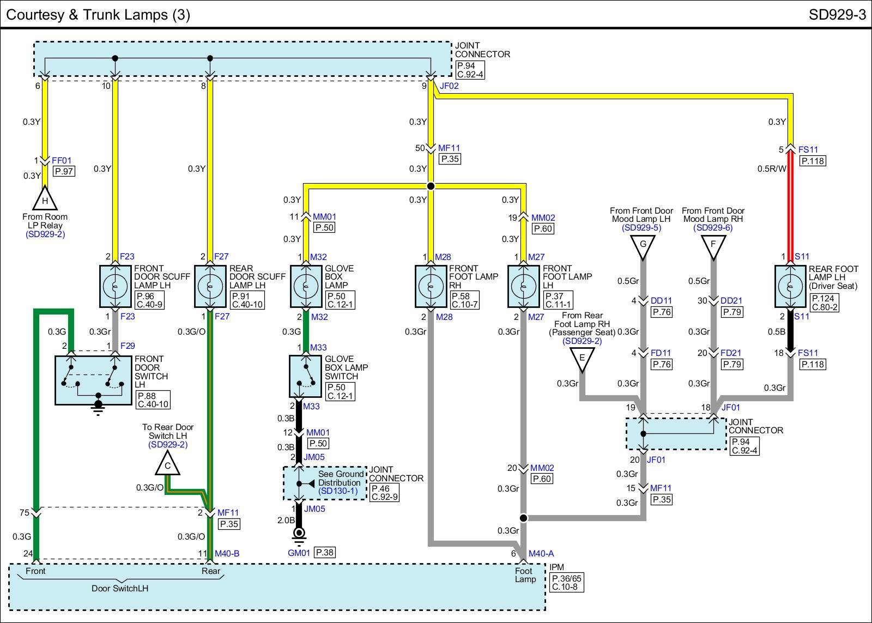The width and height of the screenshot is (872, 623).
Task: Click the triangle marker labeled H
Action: click(45, 198)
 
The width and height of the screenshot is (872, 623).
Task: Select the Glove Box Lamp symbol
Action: click(306, 287)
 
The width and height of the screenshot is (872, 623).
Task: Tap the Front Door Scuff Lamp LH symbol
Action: click(115, 287)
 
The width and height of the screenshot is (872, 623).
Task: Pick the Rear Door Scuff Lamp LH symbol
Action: click(210, 287)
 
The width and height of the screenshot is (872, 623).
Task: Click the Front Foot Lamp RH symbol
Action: click(431, 287)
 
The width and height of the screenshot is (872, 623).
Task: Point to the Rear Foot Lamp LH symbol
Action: click(790, 287)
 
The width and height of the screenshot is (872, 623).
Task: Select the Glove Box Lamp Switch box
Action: click(306, 376)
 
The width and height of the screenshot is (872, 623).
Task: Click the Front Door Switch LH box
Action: click(93, 380)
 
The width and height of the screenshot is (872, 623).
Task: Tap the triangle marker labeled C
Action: click(167, 463)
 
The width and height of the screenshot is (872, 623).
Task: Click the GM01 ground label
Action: click(299, 553)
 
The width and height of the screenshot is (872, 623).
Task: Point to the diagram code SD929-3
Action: click(837, 15)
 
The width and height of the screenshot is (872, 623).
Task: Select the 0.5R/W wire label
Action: click(772, 168)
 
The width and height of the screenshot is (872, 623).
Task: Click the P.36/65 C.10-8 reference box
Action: click(567, 583)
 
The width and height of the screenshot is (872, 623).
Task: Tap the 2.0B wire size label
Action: click(286, 520)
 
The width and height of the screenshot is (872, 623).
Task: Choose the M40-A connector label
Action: click(541, 553)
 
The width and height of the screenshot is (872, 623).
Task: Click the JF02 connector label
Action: click(449, 86)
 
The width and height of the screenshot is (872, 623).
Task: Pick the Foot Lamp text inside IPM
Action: click(525, 575)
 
